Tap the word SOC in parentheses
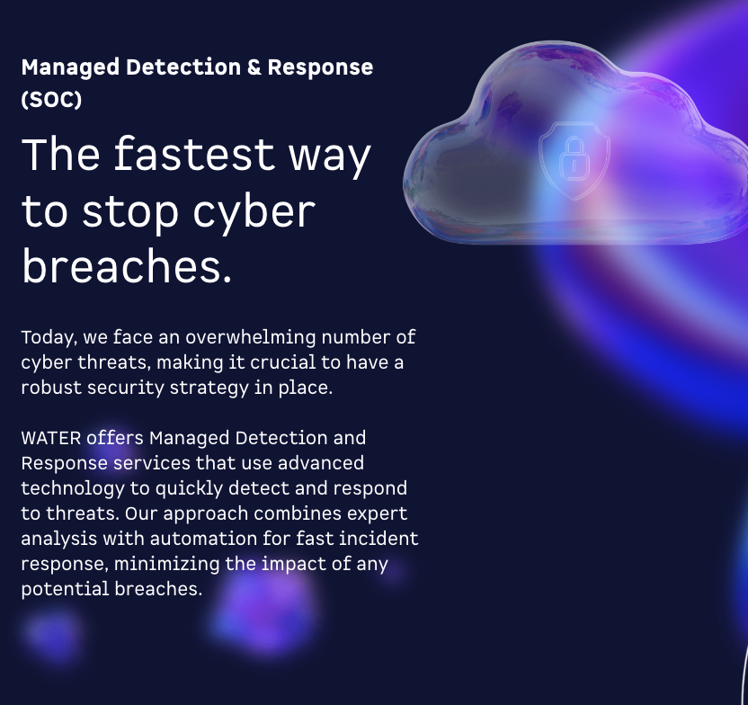(51, 99)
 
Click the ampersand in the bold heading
(252, 67)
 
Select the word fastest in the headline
(193, 155)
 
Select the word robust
(51, 388)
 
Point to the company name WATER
(51, 438)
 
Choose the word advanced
(321, 463)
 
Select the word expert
(371, 513)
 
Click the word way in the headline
(329, 155)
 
